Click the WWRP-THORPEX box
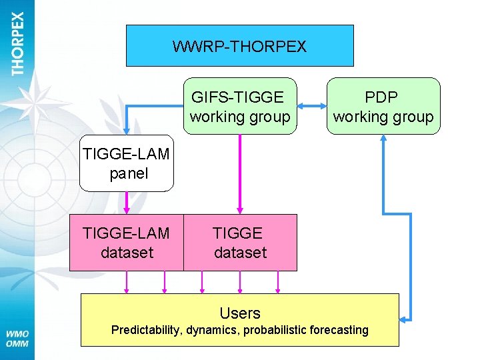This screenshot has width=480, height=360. [239, 46]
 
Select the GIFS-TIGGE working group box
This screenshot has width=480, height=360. [240, 107]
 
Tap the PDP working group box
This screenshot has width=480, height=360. [383, 107]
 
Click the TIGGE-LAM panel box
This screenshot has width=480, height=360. [126, 164]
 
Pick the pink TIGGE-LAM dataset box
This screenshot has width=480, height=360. [126, 243]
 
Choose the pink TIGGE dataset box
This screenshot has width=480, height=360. [240, 243]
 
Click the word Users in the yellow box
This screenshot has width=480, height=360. [240, 313]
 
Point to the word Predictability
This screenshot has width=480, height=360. [143, 330]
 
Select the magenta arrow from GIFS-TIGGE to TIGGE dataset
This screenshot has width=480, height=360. [240, 173]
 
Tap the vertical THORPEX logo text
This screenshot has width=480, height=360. [17, 43]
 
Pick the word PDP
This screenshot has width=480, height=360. [383, 97]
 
